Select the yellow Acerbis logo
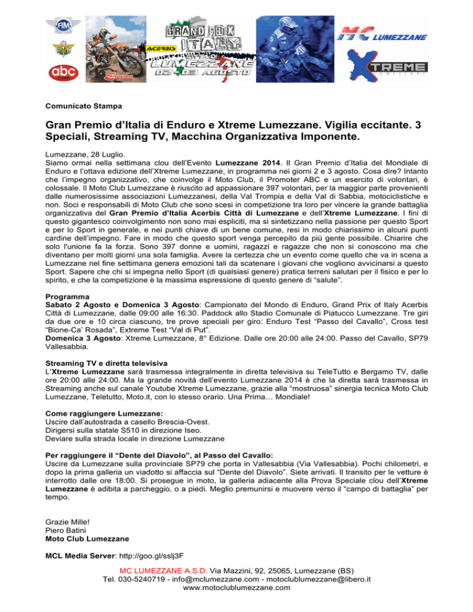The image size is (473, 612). [x=161, y=47]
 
